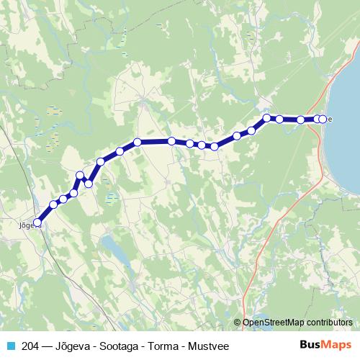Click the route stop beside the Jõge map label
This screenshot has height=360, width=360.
pos(38,223)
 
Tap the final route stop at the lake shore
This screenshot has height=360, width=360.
pos(323,119)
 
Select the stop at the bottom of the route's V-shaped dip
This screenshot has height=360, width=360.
pos(89,184)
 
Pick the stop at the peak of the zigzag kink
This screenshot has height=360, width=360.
pos(80,175)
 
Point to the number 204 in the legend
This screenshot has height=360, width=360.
pos(32,346)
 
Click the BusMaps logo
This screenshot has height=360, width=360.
pos(325,346)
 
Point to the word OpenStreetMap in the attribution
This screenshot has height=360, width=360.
pos(274,323)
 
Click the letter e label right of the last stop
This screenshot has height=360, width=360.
pos(330,120)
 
